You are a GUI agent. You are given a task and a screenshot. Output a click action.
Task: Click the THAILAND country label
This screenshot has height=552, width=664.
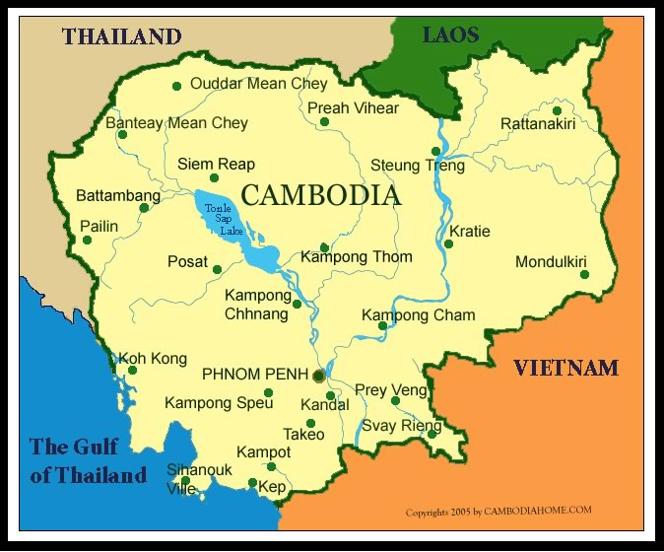point(122,36)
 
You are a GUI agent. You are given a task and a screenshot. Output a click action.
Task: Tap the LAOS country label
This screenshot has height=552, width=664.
point(450,35)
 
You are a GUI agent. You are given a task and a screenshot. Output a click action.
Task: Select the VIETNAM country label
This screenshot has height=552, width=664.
point(565,369)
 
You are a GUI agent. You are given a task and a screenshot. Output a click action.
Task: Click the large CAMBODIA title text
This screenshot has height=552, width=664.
point(321,195)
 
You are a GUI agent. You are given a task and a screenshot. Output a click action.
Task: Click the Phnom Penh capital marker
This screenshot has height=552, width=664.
point(318,376)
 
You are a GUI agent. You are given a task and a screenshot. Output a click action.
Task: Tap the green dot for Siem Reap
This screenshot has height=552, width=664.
point(214,178)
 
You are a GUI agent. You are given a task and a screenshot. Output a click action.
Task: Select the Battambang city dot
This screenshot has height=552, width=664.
point(144,208)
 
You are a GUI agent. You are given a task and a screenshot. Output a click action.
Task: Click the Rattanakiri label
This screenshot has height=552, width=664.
point(542,124)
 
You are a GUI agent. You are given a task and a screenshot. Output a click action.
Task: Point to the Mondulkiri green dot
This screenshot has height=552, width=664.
point(584,274)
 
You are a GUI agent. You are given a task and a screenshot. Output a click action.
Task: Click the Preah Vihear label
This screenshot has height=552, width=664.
point(353,108)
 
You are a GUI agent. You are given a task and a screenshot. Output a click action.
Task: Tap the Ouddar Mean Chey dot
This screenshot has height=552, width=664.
point(176,86)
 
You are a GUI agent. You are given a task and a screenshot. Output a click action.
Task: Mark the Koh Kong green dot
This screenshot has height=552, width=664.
point(132,371)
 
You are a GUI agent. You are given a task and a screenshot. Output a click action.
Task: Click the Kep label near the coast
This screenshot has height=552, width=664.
point(272,487)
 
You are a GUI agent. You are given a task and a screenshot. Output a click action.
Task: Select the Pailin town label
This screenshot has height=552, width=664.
point(99,226)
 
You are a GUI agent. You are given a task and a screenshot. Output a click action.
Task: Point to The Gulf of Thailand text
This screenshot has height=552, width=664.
point(88,460)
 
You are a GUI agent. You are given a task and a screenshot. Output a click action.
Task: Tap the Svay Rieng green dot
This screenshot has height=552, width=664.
point(432,433)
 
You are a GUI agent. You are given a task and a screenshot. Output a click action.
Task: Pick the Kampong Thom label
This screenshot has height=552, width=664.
point(357,257)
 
